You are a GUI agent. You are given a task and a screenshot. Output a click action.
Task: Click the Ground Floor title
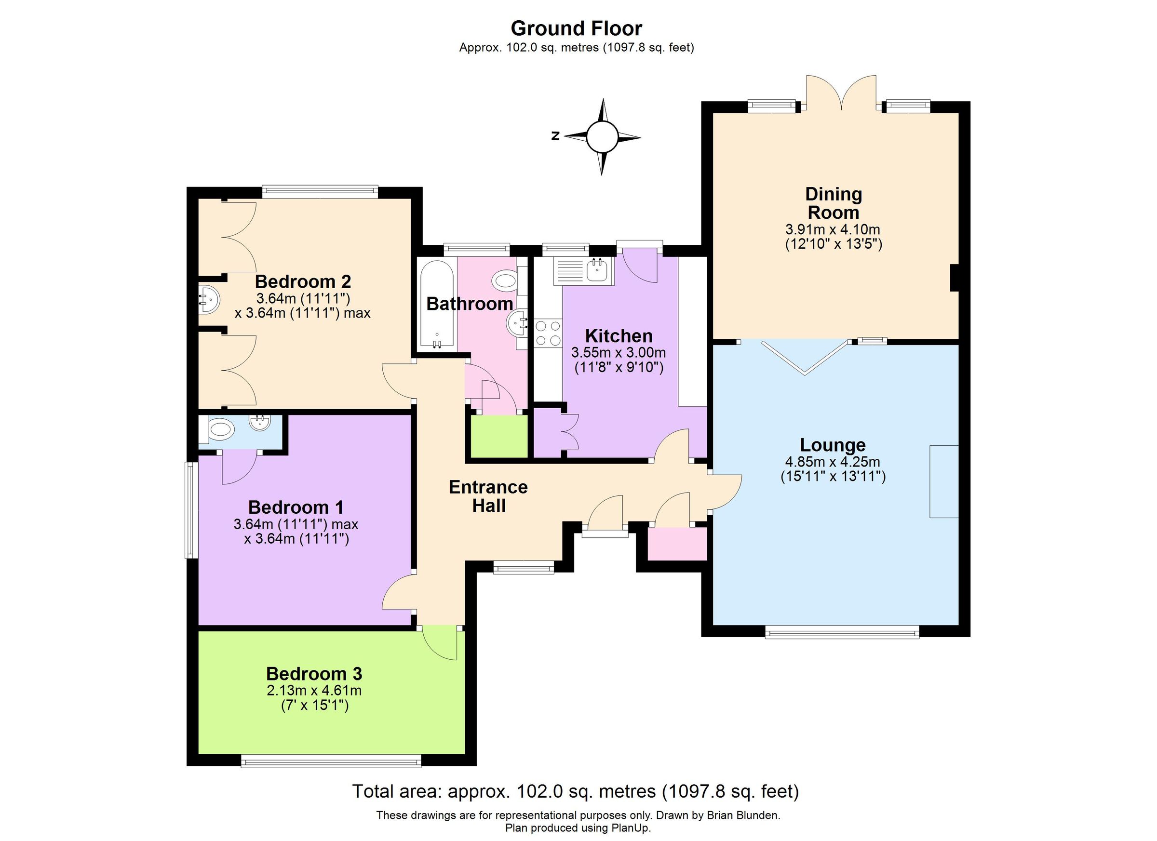pyautogui.click(x=576, y=28)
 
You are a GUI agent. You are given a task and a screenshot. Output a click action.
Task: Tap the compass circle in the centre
pyautogui.click(x=602, y=137)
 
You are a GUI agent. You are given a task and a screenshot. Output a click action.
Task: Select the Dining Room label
pyautogui.click(x=833, y=203)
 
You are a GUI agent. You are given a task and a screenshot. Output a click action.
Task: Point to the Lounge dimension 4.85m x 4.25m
pyautogui.click(x=832, y=462)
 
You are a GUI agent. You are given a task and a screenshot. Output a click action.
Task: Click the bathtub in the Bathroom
pyautogui.click(x=437, y=305)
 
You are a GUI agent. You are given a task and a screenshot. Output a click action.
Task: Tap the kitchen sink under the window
pyautogui.click(x=595, y=270)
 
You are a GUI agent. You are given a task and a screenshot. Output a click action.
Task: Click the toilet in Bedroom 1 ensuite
pyautogui.click(x=221, y=429)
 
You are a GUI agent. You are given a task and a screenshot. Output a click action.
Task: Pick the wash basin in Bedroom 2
pyautogui.click(x=208, y=299)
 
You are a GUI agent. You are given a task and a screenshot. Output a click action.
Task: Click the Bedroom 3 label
pyautogui.click(x=314, y=674)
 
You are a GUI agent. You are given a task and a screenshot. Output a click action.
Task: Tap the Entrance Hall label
pyautogui.click(x=488, y=496)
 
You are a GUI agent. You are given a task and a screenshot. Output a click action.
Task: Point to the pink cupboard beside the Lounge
pyautogui.click(x=677, y=544)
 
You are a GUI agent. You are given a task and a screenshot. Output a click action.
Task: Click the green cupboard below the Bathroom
pyautogui.click(x=498, y=437)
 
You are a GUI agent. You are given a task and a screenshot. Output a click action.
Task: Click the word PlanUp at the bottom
pyautogui.click(x=632, y=828)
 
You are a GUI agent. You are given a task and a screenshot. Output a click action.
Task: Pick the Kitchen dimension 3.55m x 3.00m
pyautogui.click(x=619, y=352)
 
